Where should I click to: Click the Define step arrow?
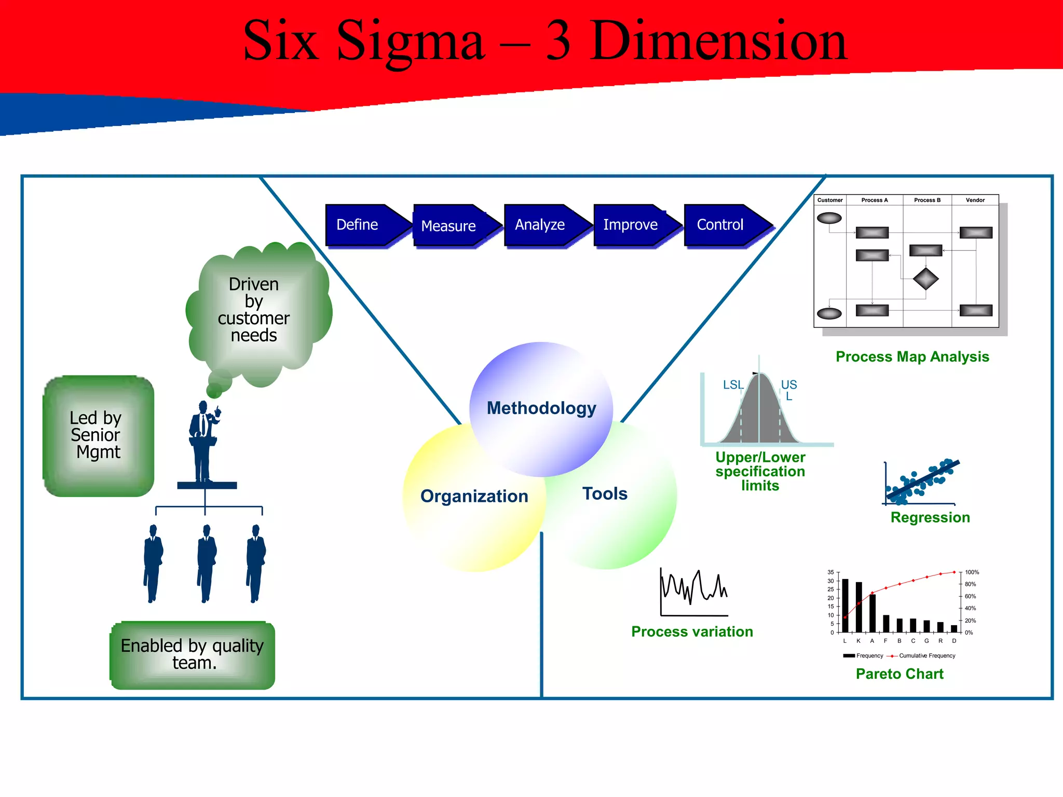click(363, 225)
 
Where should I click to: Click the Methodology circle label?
click(541, 408)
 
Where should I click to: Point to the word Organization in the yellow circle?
click(474, 497)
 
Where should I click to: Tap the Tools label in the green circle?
click(605, 493)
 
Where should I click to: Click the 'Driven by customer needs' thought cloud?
click(254, 310)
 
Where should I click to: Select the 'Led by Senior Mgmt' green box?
click(98, 436)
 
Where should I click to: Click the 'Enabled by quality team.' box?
click(193, 655)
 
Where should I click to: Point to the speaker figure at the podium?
click(204, 441)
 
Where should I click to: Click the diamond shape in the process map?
click(925, 279)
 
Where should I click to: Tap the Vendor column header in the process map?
click(975, 200)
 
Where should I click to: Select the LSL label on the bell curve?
click(733, 385)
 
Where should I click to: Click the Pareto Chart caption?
click(900, 674)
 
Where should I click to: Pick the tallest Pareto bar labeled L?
click(845, 605)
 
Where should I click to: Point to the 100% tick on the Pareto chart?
click(972, 572)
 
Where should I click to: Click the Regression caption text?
click(930, 517)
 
